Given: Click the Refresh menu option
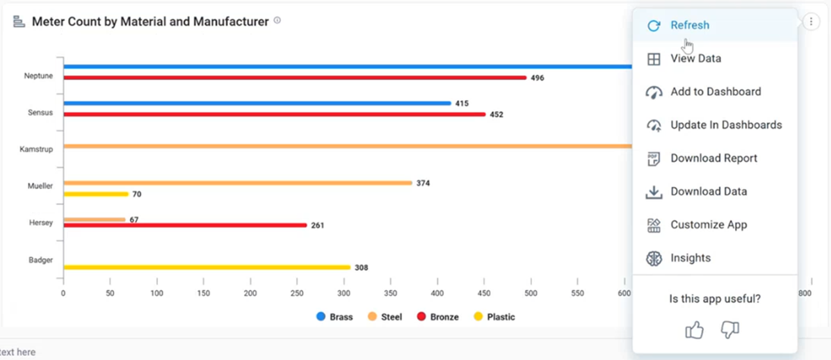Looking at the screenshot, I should tap(689, 26).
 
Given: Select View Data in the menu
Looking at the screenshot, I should tap(695, 59).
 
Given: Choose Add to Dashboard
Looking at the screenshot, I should tap(715, 92).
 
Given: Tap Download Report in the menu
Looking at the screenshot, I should tap(713, 158).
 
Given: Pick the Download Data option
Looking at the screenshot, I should tap(708, 192).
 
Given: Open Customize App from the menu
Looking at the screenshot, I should tap(708, 225).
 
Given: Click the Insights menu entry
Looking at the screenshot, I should tap(690, 259).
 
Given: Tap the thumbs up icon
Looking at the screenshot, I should tap(694, 330).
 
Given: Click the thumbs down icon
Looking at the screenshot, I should tap(729, 330).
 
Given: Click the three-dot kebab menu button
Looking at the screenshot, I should tap(811, 22).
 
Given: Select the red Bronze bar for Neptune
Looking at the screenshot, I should tap(295, 78).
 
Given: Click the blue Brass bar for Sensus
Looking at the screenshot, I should tap(257, 104).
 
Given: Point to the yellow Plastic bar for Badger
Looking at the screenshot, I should tap(207, 267).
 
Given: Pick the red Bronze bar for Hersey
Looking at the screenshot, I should tap(185, 225).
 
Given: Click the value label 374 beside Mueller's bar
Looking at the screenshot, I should tap(423, 183).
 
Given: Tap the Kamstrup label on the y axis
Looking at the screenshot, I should tap(36, 149).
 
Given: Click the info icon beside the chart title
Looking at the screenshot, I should tap(277, 21).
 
